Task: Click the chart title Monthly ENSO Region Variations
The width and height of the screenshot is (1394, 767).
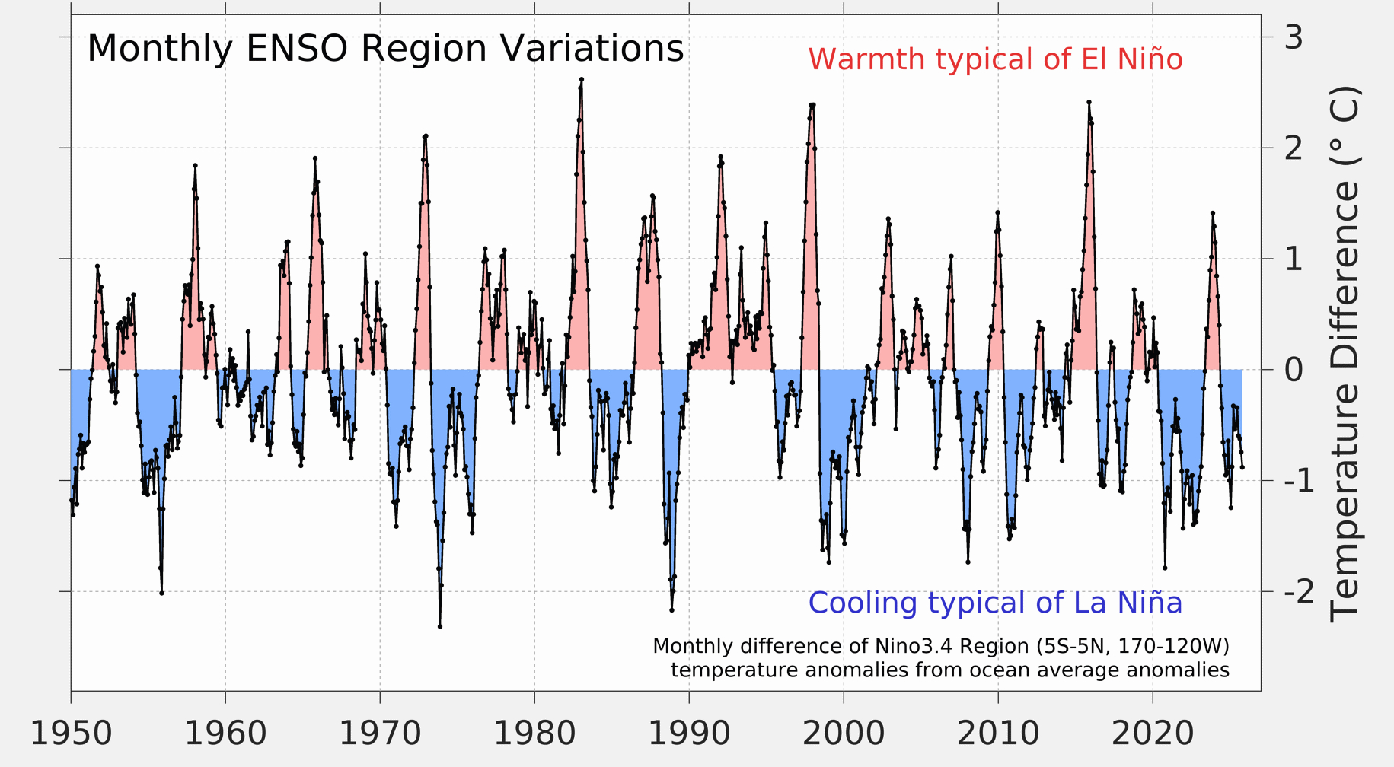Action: (385, 49)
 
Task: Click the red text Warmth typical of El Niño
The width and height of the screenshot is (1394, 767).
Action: (995, 59)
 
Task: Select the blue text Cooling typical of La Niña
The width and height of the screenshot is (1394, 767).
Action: (995, 603)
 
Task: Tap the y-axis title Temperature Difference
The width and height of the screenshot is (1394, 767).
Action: (1345, 354)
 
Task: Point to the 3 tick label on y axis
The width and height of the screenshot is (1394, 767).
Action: (1294, 37)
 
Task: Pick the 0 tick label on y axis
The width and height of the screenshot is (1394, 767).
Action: (1294, 370)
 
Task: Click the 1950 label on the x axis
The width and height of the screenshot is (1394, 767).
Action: (71, 734)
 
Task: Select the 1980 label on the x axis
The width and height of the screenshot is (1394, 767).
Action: (534, 734)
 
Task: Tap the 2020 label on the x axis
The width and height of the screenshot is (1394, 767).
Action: (1153, 734)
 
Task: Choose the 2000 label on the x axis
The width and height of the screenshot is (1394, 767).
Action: (844, 734)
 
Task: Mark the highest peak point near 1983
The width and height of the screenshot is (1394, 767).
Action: (582, 79)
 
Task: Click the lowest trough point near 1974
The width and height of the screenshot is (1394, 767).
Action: (440, 626)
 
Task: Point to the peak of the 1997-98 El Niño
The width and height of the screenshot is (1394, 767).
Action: (812, 105)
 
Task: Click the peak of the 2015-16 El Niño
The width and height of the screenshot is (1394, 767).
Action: (1089, 102)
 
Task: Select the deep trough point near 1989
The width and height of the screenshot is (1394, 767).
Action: (671, 610)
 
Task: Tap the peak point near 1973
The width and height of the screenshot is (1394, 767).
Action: (426, 136)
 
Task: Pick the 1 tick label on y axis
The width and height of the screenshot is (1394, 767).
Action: (1294, 259)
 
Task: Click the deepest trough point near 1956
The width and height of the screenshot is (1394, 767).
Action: (161, 593)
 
